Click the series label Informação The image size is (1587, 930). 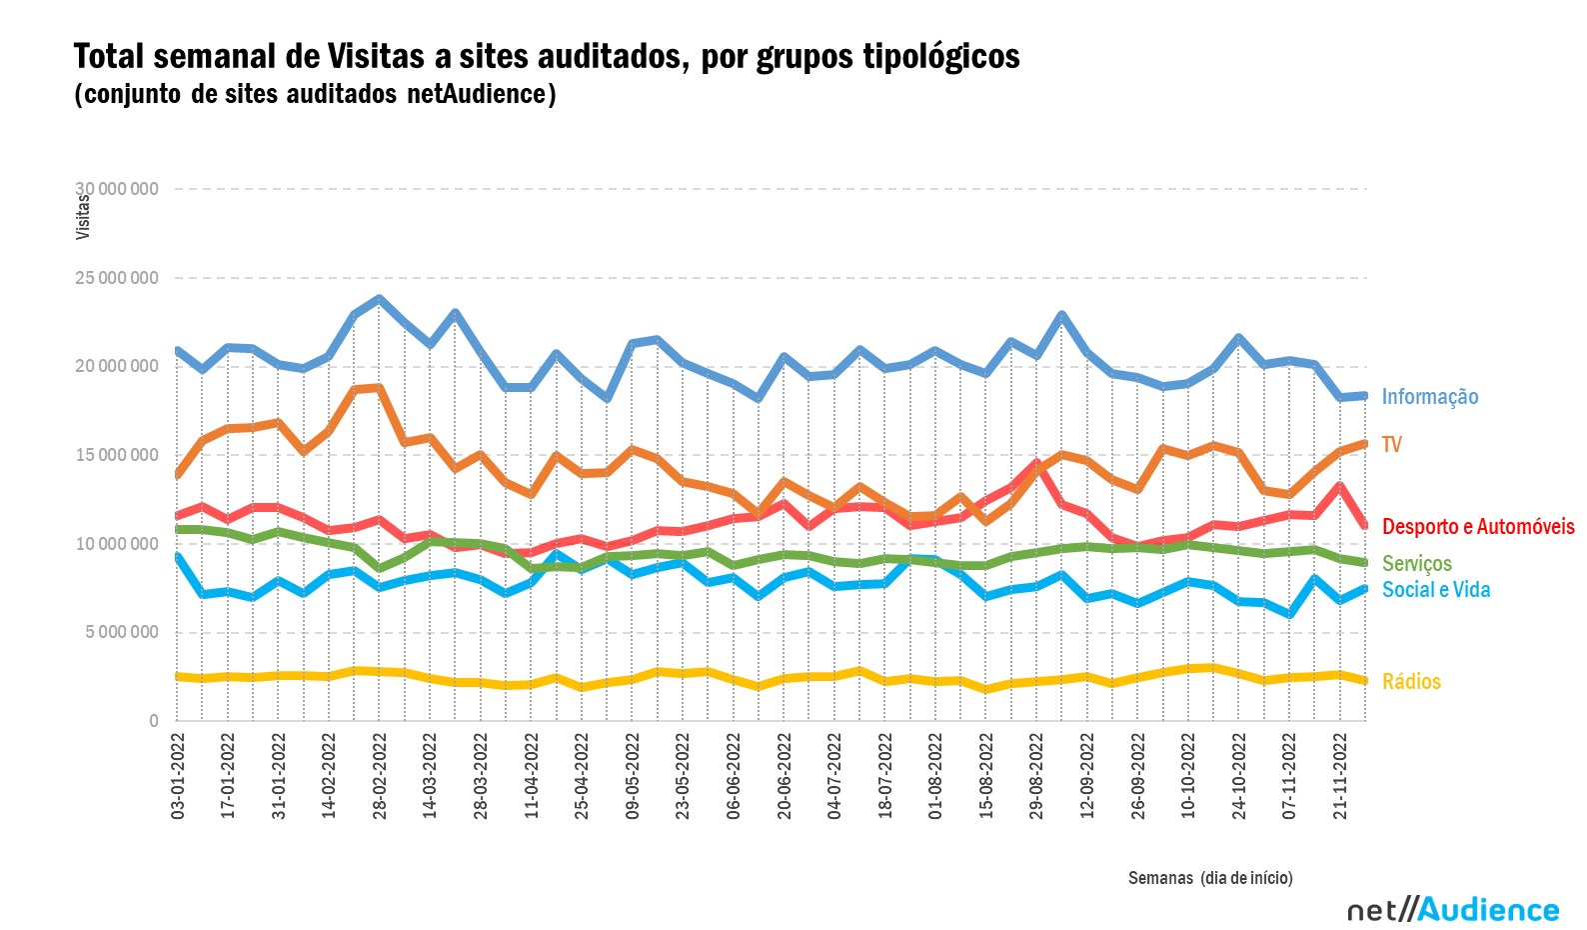(x=1429, y=397)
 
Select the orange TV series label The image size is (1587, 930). (x=1391, y=445)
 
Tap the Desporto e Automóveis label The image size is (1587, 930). (x=1477, y=527)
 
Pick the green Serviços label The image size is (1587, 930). (x=1416, y=564)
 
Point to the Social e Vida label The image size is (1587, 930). (x=1435, y=590)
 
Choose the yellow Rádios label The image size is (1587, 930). (x=1411, y=682)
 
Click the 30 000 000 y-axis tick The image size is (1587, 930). (x=117, y=189)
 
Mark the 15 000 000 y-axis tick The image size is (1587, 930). (x=117, y=455)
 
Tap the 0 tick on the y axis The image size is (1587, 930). (x=153, y=721)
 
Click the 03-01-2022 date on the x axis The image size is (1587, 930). (x=179, y=777)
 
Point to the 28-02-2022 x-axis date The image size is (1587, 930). (x=380, y=777)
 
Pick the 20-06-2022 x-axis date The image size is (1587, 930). (x=785, y=777)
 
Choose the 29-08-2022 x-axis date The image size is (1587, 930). (x=1036, y=777)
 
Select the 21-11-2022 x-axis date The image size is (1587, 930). (x=1340, y=777)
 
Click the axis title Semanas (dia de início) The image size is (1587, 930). (x=1210, y=878)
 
